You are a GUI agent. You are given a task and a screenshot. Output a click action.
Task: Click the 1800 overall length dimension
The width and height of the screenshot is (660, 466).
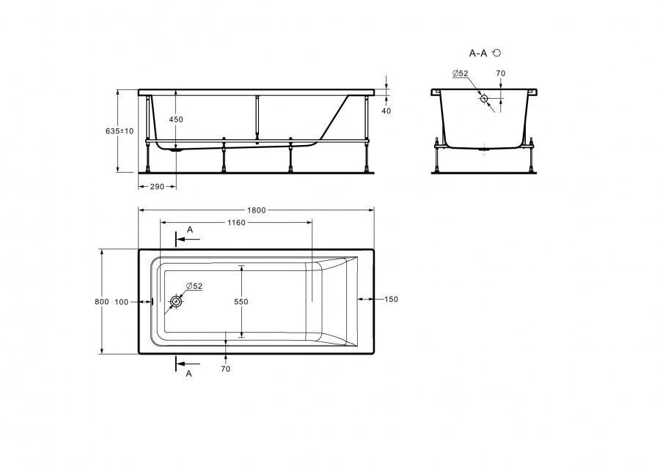click(x=257, y=210)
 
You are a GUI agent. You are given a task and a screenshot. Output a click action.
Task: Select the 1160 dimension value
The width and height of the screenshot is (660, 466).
click(x=236, y=223)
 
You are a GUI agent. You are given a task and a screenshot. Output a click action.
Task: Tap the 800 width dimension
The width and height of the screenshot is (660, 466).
click(x=102, y=302)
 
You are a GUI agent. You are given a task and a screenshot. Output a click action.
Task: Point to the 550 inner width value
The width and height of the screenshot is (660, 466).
click(x=241, y=302)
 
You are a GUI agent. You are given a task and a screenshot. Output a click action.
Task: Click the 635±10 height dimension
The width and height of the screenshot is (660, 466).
click(x=120, y=131)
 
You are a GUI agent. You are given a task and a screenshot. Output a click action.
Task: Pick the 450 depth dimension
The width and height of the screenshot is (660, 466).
click(x=176, y=119)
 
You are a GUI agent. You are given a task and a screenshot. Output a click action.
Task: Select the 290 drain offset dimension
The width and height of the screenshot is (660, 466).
click(x=157, y=186)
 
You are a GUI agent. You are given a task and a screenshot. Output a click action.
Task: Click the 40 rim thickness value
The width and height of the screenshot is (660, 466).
click(x=386, y=111)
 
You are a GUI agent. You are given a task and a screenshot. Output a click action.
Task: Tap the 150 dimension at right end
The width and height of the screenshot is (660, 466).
click(x=391, y=299)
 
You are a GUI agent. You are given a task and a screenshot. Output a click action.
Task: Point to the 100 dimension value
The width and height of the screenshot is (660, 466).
click(x=121, y=302)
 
